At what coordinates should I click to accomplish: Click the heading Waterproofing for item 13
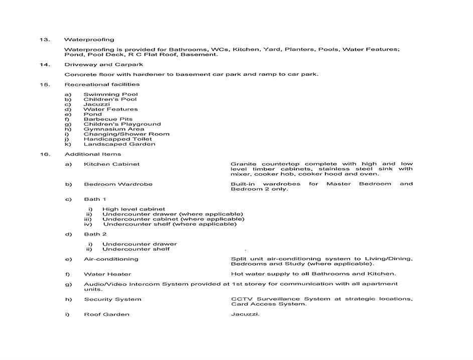point(89,40)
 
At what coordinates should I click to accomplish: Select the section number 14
point(45,65)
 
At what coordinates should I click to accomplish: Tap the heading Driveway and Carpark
point(103,65)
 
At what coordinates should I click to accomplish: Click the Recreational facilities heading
point(102,84)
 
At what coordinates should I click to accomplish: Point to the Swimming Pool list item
point(110,94)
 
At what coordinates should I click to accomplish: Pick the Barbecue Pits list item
point(108,119)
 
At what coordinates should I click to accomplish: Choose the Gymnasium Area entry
point(114,129)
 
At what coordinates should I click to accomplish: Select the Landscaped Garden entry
point(119,144)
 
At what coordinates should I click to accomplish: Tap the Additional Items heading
point(92,154)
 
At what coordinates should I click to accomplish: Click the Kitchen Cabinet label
point(111,164)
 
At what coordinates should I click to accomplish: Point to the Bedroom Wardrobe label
point(118,184)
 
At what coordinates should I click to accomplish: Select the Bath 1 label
point(95,199)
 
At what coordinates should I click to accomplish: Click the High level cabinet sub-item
point(133,209)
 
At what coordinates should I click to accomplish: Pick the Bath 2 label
point(95,234)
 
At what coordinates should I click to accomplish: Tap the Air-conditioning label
point(111,259)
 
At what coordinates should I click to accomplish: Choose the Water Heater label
point(107,274)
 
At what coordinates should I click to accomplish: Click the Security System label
point(112,299)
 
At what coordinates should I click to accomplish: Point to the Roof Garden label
point(106,314)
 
